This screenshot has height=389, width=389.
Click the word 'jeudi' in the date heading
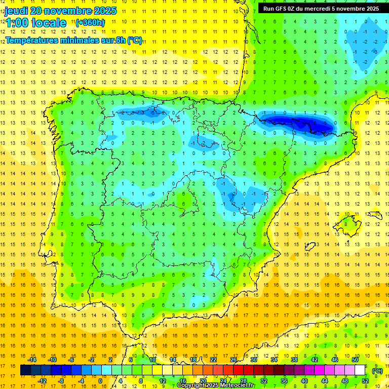click(16, 11)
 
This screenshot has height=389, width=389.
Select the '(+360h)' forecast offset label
click(90, 22)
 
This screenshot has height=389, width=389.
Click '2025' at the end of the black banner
click(370, 9)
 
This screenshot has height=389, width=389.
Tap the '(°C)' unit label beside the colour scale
click(377, 371)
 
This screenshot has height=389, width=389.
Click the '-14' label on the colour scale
click(32, 360)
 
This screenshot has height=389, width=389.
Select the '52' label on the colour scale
click(365, 381)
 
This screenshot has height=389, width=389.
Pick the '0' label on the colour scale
click(100, 381)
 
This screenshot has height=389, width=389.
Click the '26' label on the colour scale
click(234, 360)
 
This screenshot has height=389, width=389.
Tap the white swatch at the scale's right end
click(360, 370)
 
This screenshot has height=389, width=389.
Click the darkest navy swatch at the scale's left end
click(25, 370)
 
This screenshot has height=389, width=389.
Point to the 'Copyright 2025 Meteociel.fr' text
click(216, 385)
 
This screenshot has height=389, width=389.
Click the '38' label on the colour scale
click(294, 360)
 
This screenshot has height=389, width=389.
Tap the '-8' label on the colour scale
click(62, 381)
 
